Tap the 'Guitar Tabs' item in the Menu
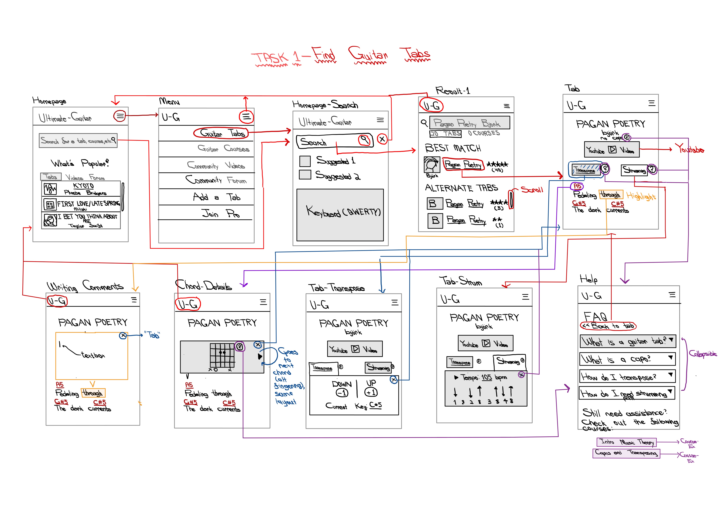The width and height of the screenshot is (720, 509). point(221,133)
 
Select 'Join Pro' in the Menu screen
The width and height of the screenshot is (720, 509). point(220,214)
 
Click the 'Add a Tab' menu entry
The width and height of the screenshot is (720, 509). point(216,197)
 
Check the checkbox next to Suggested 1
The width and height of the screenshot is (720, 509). point(305,161)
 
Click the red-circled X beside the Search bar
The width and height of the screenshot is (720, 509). point(382,139)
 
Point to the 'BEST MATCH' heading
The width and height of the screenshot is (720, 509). point(453,148)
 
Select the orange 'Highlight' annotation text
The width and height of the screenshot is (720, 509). point(641,196)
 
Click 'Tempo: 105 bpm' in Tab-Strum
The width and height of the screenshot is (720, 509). point(483,377)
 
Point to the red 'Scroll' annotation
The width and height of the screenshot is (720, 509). point(532,190)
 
